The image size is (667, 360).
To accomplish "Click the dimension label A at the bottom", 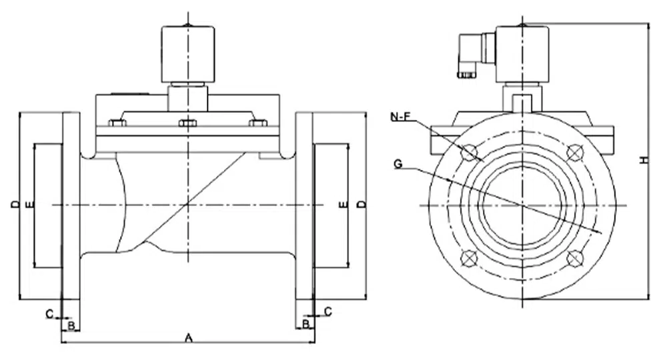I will pyautogui.click(x=189, y=338).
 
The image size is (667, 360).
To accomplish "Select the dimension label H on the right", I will pyautogui.click(x=643, y=160).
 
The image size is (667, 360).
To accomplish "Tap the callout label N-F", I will pyautogui.click(x=402, y=117).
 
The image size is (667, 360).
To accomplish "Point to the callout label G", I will pyautogui.click(x=398, y=163).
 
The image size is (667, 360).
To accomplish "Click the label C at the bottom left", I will pyautogui.click(x=49, y=312).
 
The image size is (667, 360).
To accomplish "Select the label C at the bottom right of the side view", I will pyautogui.click(x=327, y=311).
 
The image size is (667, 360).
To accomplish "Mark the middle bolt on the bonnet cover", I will pyautogui.click(x=189, y=123).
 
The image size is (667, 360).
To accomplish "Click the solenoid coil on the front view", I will pyautogui.click(x=523, y=53).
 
